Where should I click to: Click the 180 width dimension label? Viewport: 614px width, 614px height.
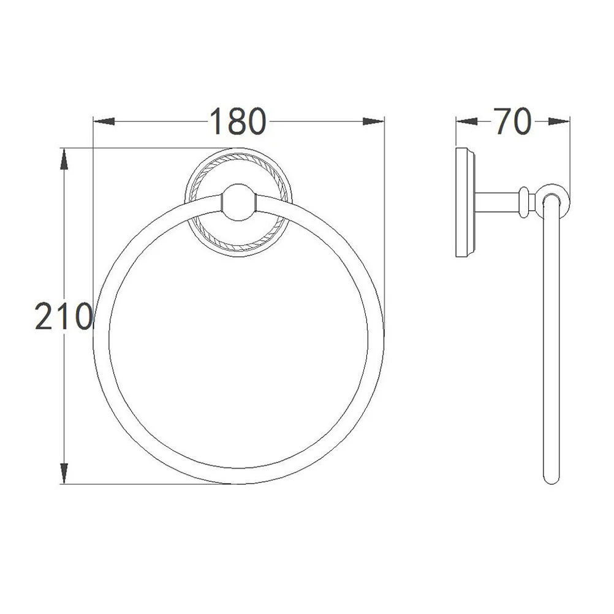point(238,121)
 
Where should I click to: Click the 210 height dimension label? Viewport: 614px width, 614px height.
point(63,317)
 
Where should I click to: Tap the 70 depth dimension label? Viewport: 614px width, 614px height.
point(512,121)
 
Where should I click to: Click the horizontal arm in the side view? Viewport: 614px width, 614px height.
point(496,202)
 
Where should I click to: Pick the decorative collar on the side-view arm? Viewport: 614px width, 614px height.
point(523,202)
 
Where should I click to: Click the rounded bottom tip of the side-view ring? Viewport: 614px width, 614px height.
point(551,478)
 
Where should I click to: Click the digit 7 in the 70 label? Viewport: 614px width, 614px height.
point(502,121)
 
